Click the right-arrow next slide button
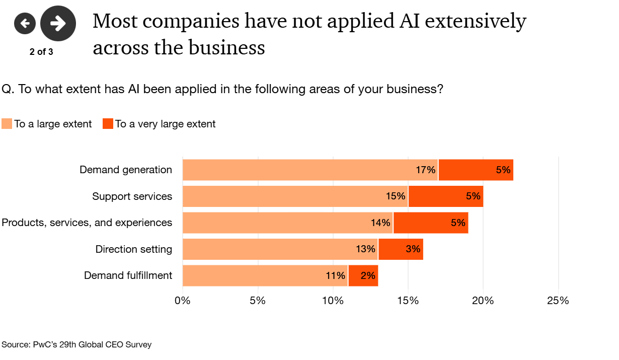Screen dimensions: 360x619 (x=58, y=23)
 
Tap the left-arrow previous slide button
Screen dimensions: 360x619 (x=25, y=23)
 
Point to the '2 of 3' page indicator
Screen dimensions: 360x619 (x=41, y=52)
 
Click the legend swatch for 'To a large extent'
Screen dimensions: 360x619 (x=7, y=124)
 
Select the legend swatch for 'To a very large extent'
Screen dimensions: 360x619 (x=108, y=124)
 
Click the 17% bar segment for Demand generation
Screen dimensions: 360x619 (x=310, y=170)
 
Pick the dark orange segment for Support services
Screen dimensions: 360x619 (x=445, y=196)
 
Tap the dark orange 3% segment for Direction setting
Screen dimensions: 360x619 (x=401, y=249)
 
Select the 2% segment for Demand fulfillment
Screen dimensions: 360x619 (x=363, y=275)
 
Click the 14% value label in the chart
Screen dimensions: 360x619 (x=380, y=223)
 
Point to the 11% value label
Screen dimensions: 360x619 (x=335, y=275)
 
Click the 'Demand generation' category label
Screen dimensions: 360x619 (x=126, y=170)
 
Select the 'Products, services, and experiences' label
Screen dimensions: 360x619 (x=87, y=223)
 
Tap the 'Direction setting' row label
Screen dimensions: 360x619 (x=134, y=249)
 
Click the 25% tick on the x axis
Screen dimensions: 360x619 (x=558, y=301)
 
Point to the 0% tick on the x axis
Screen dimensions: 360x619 (x=182, y=301)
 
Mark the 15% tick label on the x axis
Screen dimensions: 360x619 (x=408, y=301)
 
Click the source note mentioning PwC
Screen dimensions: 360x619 (x=76, y=345)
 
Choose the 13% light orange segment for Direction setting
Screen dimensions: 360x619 (x=280, y=249)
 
